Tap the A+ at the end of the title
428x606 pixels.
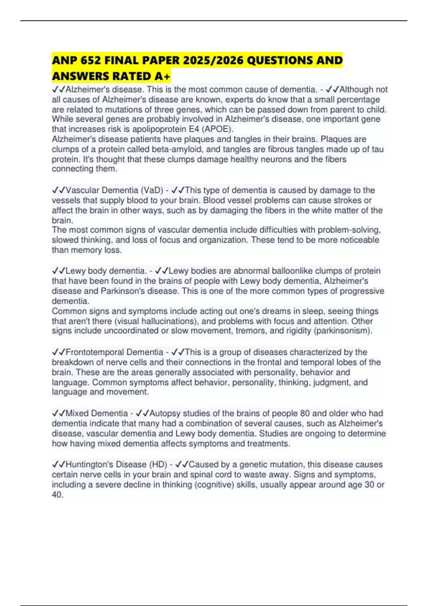pyautogui.click(x=163, y=76)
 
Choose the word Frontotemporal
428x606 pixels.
pyautogui.click(x=96, y=352)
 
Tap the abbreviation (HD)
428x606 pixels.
pyautogui.click(x=158, y=464)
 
